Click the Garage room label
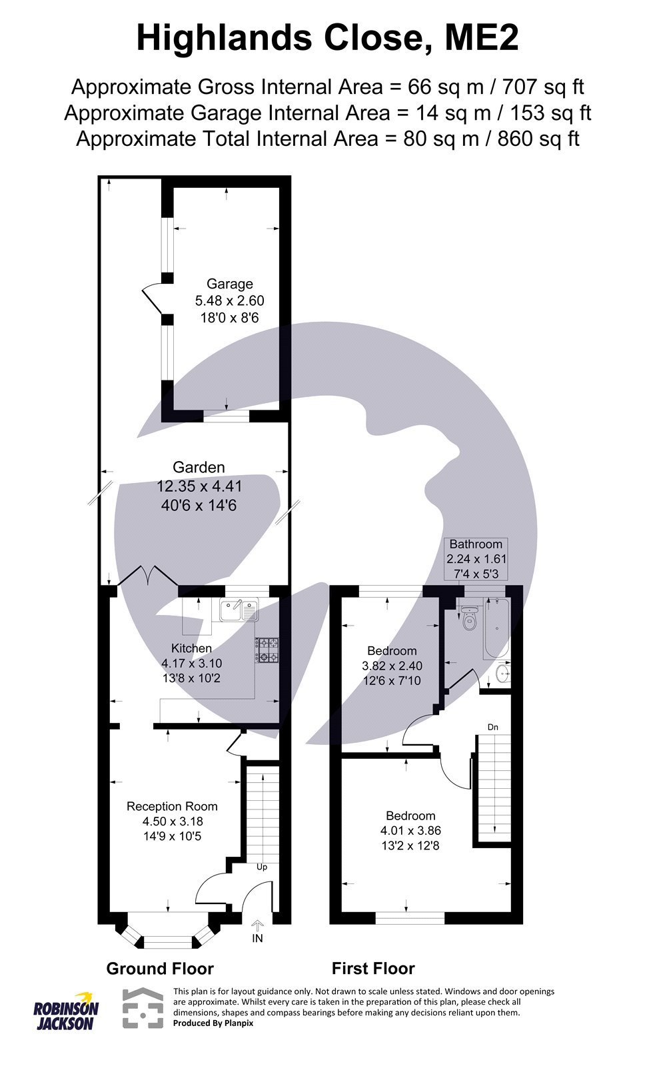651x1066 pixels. point(229,284)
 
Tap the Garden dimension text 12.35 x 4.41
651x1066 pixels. point(199,486)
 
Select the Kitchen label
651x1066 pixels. point(191,648)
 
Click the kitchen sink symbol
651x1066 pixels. point(239,610)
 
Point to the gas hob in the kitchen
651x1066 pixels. point(267,650)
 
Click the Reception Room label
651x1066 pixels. point(172,806)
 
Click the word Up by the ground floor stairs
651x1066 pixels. point(262,867)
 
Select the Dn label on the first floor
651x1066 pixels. point(492,727)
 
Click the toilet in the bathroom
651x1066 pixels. point(470,620)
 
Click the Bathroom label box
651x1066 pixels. point(476,558)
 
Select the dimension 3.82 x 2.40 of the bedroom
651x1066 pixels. point(392,666)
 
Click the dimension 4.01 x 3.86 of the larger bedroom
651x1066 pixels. point(410,831)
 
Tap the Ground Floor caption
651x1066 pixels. point(160,969)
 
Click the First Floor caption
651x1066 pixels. point(373,969)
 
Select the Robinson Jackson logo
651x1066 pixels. point(66,1010)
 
